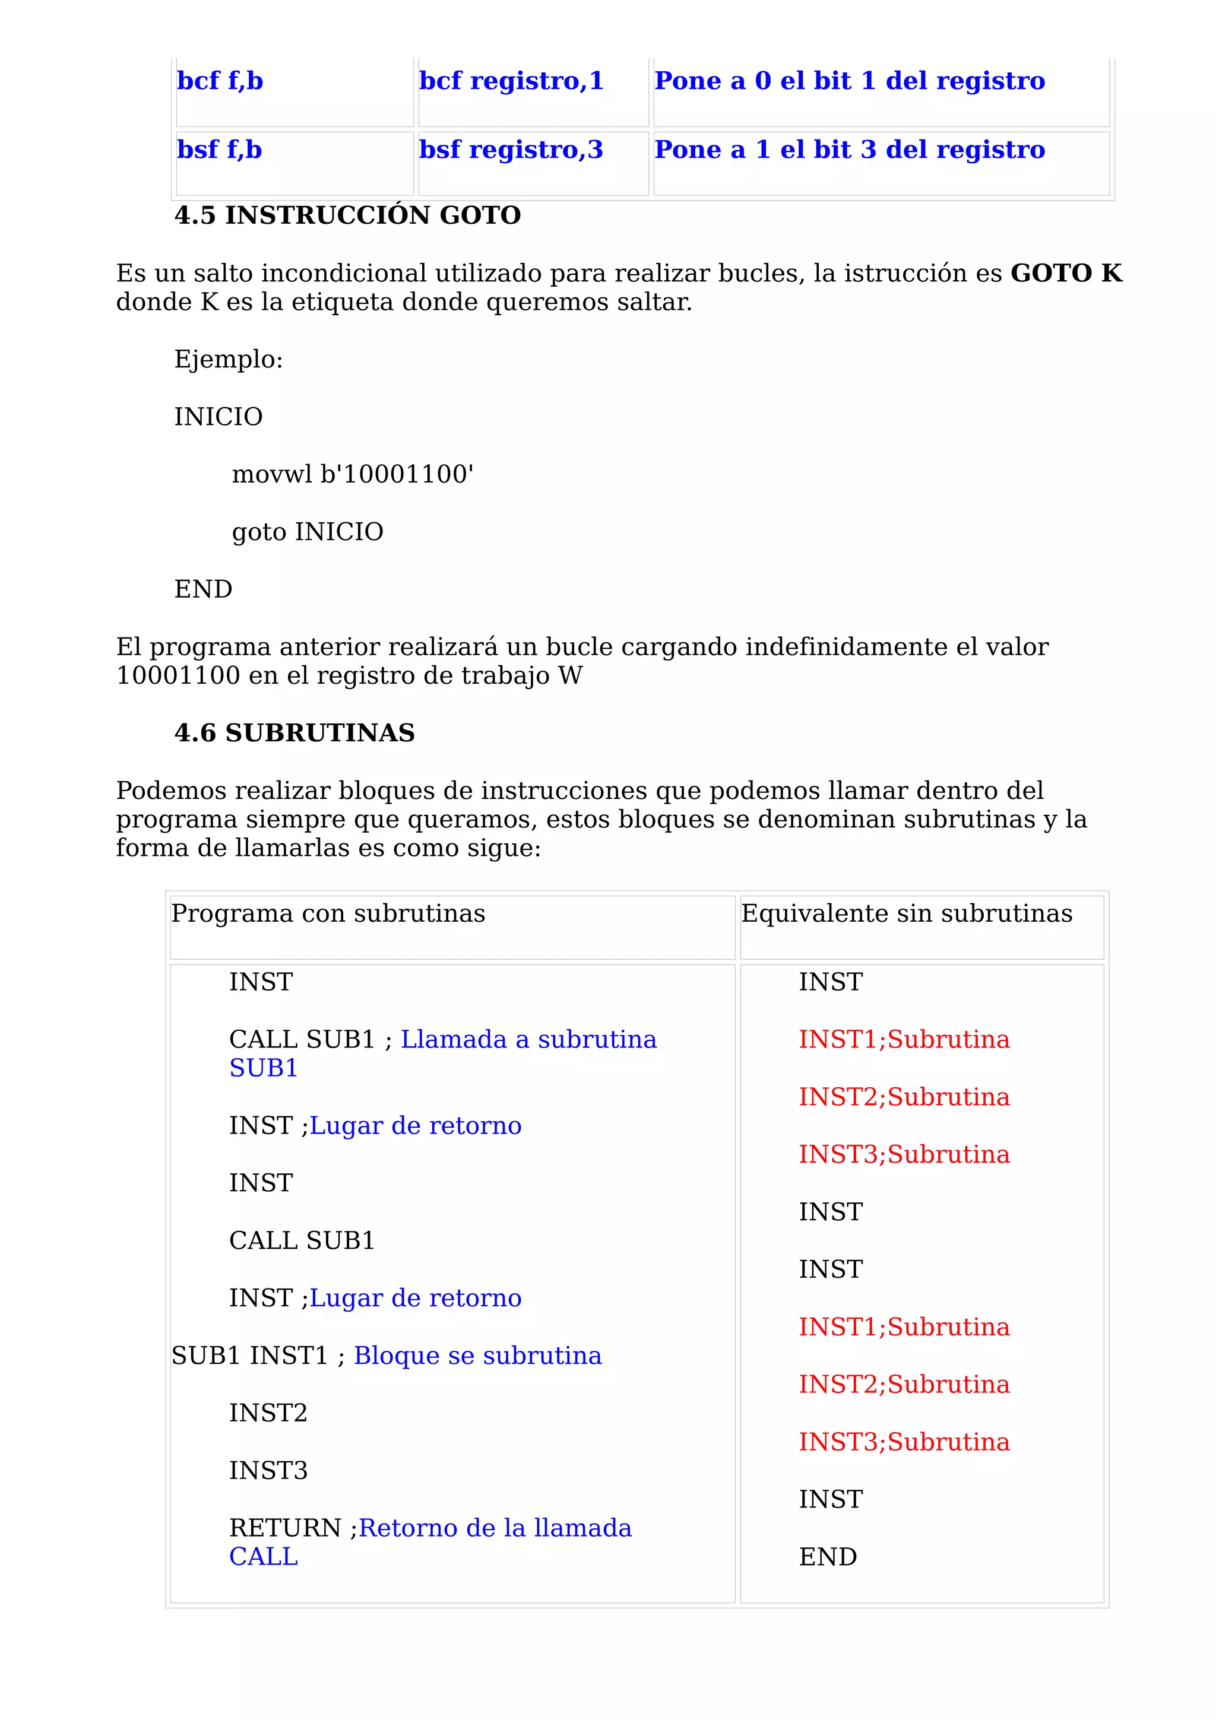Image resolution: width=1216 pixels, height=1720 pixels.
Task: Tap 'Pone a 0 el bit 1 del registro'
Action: pos(849,81)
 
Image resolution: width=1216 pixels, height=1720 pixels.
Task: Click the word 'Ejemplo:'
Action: pos(229,360)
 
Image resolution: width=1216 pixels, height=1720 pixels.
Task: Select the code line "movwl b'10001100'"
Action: pos(352,474)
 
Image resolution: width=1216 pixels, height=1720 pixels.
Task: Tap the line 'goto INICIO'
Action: pos(307,532)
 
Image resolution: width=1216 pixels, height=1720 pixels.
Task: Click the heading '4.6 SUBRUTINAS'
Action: pos(294,732)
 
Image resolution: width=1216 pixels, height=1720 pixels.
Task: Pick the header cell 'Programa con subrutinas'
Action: pos(328,913)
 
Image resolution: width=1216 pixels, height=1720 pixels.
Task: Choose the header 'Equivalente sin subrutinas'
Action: pos(906,913)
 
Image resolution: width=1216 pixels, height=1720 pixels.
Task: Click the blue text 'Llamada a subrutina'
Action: pos(528,1039)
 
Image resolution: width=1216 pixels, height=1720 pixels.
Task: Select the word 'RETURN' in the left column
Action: pos(285,1528)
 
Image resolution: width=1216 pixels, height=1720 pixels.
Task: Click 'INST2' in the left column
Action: pos(268,1413)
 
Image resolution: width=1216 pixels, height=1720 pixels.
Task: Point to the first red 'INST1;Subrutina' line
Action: pos(904,1039)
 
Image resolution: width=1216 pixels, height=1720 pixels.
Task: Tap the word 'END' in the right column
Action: pos(827,1557)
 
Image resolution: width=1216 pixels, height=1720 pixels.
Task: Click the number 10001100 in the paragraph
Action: pos(178,675)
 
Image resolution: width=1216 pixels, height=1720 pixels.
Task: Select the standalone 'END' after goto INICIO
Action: pos(203,589)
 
